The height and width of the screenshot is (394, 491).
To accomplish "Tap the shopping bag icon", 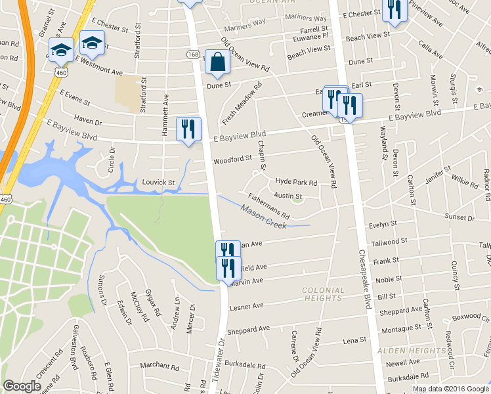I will pos(217,62).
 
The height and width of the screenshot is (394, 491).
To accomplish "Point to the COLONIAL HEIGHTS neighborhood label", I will pos(322,294).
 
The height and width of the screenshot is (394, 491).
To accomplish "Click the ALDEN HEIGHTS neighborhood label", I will pos(412,351).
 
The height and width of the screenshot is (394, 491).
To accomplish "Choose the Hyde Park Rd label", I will pos(296,182).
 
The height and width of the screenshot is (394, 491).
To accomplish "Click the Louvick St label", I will pos(158,182).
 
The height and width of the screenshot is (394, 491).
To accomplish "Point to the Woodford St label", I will pos(232,159).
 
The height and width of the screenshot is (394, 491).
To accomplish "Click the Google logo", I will pos(22,386).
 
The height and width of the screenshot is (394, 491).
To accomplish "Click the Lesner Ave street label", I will pos(245,305).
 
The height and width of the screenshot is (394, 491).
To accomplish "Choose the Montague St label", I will pos(402,328).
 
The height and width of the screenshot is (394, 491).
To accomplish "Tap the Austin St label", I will pos(288,196).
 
